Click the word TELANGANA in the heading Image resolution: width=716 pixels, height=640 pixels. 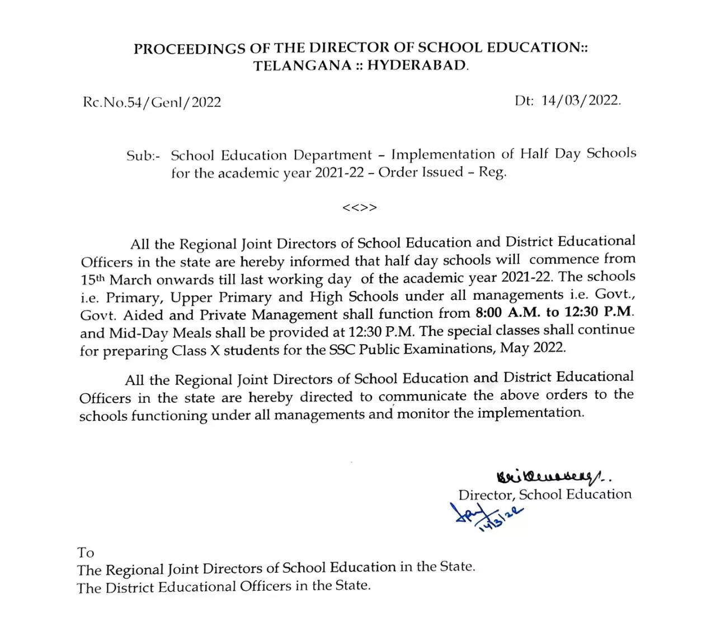pos(302,65)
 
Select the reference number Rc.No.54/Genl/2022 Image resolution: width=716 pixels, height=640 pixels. pos(152,102)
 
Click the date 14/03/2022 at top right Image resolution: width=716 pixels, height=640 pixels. pos(581,101)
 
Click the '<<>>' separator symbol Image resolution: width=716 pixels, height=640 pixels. pos(359,208)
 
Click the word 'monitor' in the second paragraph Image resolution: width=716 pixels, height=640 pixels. pos(423,414)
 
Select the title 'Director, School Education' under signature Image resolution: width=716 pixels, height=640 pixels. pos(545,495)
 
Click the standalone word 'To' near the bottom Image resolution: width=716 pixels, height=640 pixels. pos(86,553)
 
